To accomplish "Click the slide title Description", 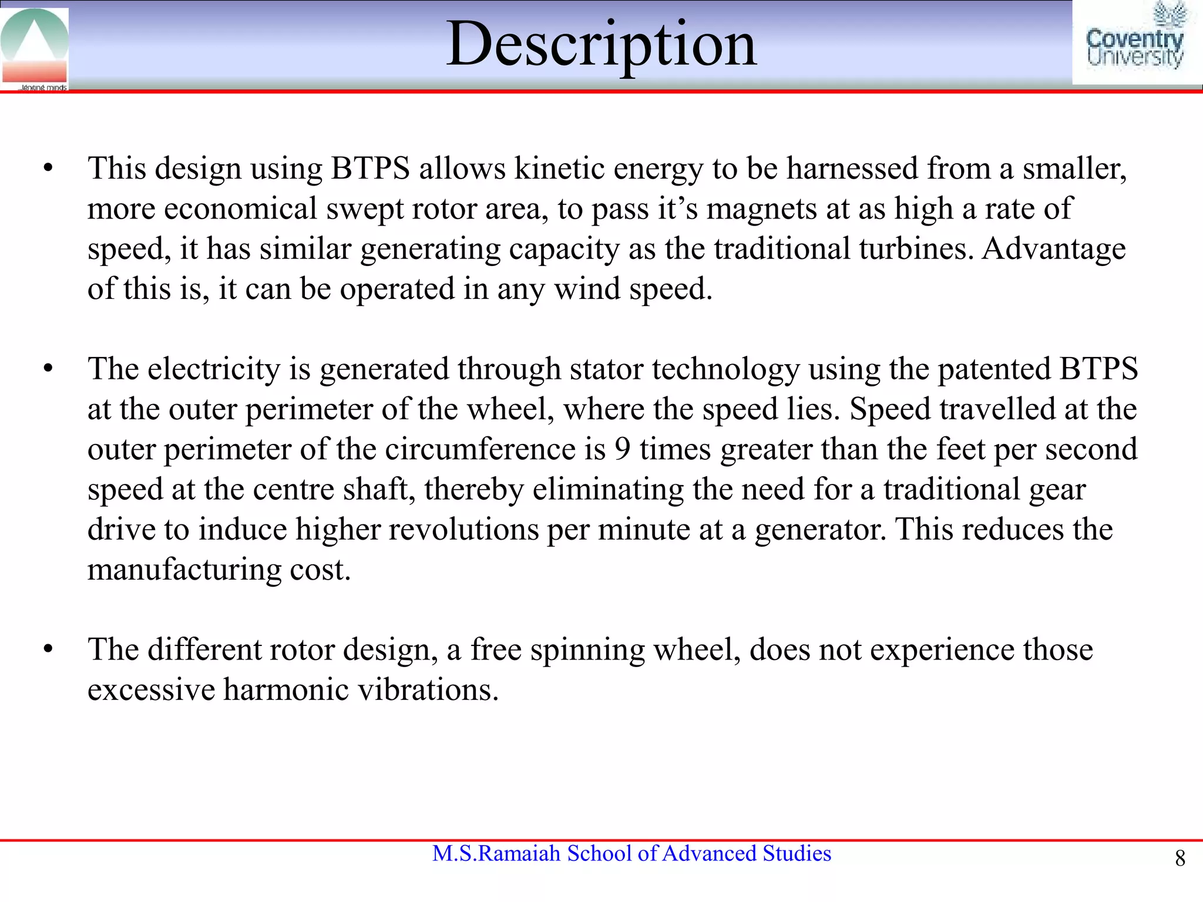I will pos(601,45).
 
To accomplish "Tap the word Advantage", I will pos(1054,249).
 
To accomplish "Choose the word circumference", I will pos(480,450).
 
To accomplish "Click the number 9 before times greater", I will pos(622,450).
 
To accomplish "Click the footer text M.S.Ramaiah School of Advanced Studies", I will pos(631,853).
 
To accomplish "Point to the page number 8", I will pos(1180,859).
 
